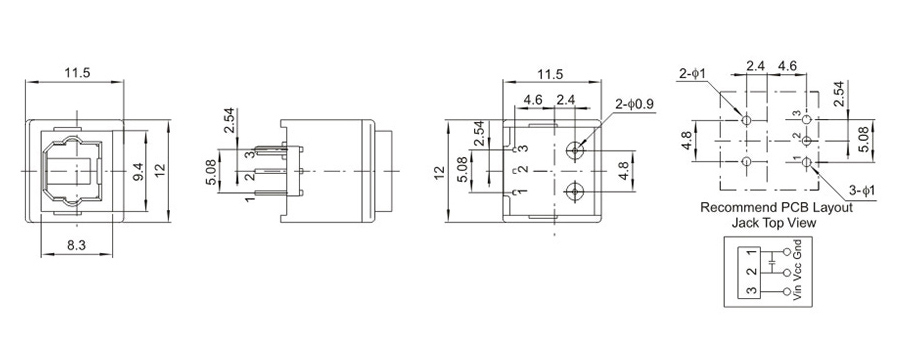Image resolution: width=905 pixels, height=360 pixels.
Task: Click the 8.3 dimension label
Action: (76, 245)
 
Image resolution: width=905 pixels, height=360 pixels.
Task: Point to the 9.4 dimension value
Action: (139, 171)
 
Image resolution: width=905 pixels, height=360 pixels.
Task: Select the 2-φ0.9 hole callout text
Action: (635, 104)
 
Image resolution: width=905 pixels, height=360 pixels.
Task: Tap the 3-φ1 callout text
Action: (862, 189)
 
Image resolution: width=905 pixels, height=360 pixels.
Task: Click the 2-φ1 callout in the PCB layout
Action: (693, 73)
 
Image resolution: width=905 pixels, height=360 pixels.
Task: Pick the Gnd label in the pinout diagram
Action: (799, 249)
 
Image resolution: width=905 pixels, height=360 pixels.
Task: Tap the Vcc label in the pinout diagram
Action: (799, 271)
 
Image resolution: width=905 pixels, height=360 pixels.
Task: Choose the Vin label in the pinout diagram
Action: (799, 291)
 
